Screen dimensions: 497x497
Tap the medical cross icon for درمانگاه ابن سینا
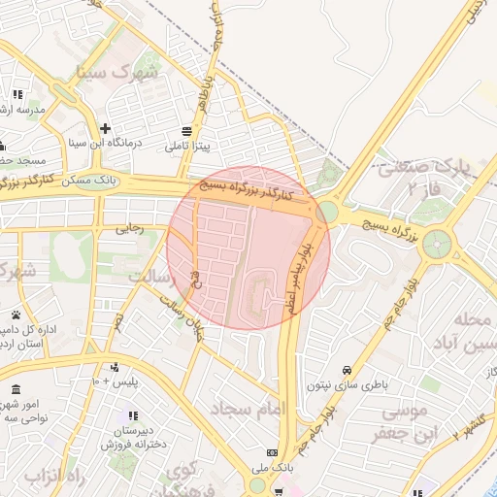pos(105,128)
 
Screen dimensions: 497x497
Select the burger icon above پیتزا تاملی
pos(186,130)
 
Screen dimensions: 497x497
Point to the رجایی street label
pos(129,229)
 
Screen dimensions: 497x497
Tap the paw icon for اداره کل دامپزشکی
pos(17,315)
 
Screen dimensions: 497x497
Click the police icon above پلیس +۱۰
pos(116,367)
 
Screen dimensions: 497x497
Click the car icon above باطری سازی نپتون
pos(348,370)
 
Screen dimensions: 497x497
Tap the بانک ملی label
pos(271,468)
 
